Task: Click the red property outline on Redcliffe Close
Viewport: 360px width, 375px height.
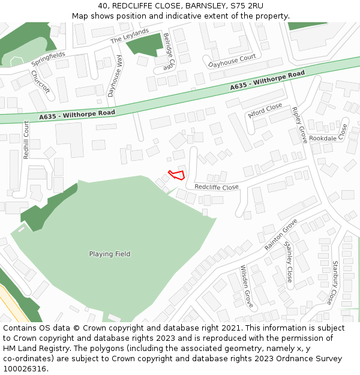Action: coord(176,175)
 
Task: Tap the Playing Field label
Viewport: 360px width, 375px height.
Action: coord(110,254)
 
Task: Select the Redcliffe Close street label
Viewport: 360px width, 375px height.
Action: coord(217,187)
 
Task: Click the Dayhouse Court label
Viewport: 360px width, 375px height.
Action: coord(232,61)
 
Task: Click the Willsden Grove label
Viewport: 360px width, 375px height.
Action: coord(247,286)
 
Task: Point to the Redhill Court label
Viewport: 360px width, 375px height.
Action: coord(26,140)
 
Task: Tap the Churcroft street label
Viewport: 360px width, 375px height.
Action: coord(41,85)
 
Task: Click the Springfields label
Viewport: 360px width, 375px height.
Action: coord(49,58)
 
